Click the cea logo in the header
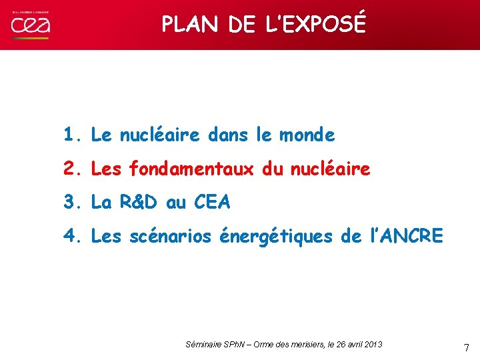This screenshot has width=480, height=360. tap(30, 25)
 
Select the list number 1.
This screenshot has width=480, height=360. tap(71, 135)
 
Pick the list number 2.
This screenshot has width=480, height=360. tap(71, 169)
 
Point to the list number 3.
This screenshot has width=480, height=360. tap(71, 202)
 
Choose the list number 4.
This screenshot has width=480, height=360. tap(71, 235)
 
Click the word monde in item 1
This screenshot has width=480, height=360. tap(307, 135)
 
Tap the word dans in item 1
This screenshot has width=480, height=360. tap(228, 135)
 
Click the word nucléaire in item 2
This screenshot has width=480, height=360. tap(331, 169)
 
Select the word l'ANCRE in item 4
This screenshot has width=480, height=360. tap(405, 235)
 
